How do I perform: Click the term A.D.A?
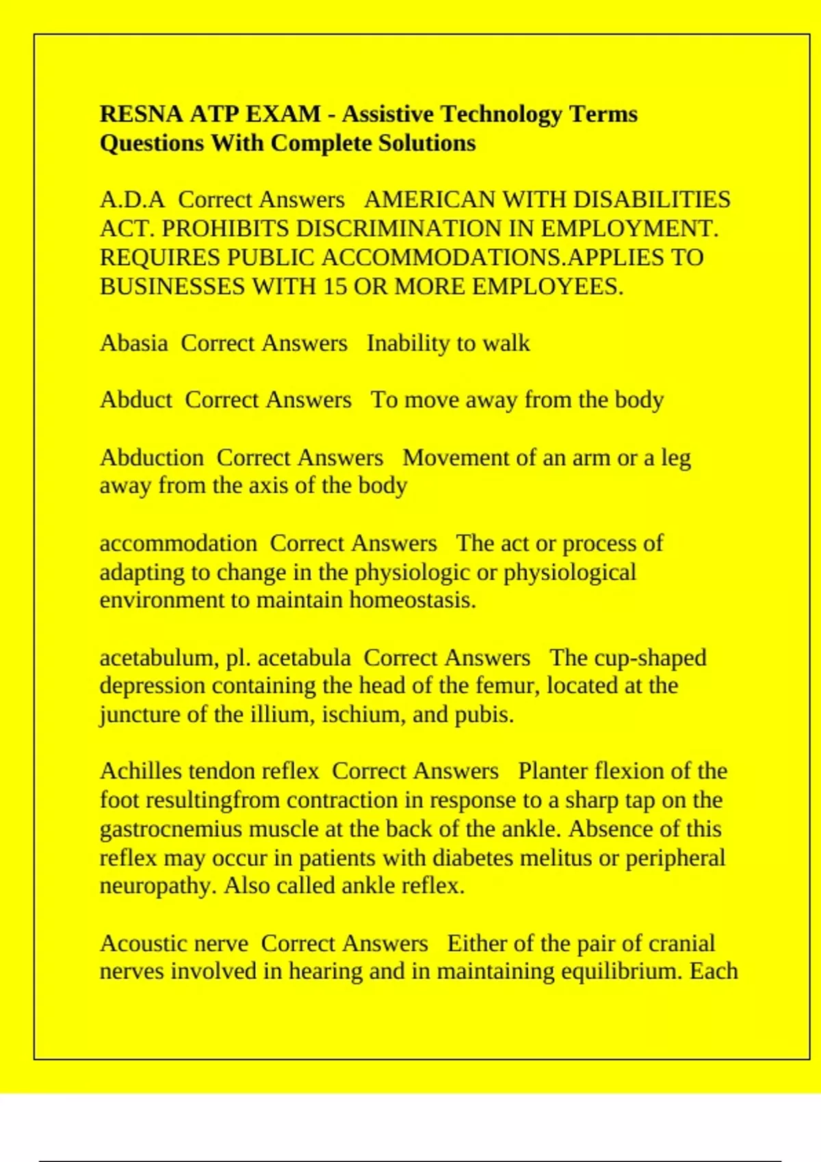(132, 200)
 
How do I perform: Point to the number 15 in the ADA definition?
(335, 286)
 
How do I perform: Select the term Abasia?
(133, 342)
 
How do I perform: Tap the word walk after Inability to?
(506, 342)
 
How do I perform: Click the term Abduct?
(135, 400)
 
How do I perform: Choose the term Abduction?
(151, 457)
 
